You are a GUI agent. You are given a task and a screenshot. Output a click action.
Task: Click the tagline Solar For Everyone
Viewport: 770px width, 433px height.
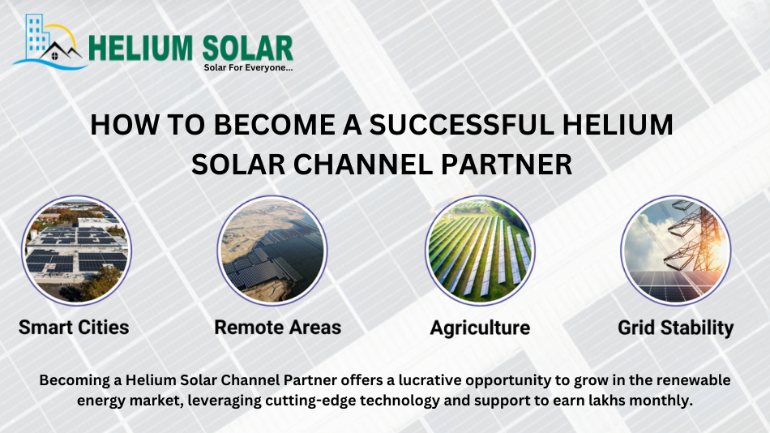pos(248,67)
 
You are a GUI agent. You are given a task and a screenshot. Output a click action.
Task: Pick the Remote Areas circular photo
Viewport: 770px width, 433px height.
pos(272,251)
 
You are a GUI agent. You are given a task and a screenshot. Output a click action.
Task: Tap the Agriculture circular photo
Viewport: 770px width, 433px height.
pos(480,251)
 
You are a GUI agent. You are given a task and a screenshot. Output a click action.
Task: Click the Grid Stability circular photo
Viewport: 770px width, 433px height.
pos(676,251)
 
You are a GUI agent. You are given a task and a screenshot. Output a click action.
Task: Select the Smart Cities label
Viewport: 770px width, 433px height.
pos(74,328)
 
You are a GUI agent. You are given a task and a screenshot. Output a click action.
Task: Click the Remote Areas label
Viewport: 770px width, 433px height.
pos(277,328)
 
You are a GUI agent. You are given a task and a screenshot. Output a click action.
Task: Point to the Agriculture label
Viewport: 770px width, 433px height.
pos(480,328)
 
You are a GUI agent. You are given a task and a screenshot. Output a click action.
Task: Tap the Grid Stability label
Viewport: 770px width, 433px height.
pos(675,328)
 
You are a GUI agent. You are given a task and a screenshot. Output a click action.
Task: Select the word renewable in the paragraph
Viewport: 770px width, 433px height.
pos(693,380)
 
